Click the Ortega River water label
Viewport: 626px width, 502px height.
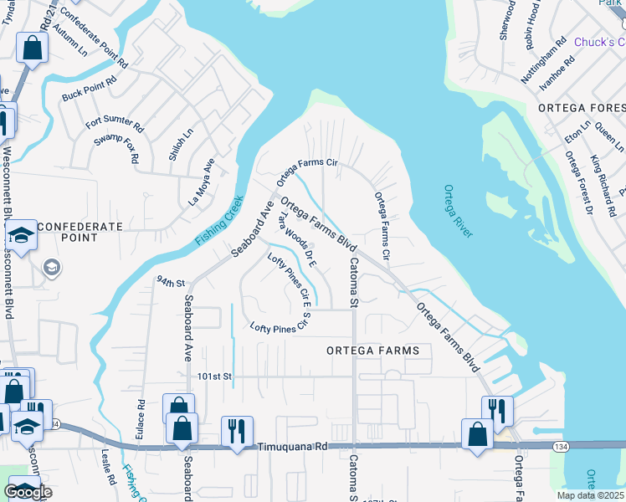[459, 211]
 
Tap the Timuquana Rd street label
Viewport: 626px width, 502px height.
[292, 448]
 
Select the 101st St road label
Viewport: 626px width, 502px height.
[213, 376]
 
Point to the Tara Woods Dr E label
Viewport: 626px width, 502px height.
[297, 238]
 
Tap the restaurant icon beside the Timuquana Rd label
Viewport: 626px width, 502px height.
[237, 431]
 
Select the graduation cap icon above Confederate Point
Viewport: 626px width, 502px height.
[22, 233]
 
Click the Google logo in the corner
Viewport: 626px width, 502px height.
[28, 492]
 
